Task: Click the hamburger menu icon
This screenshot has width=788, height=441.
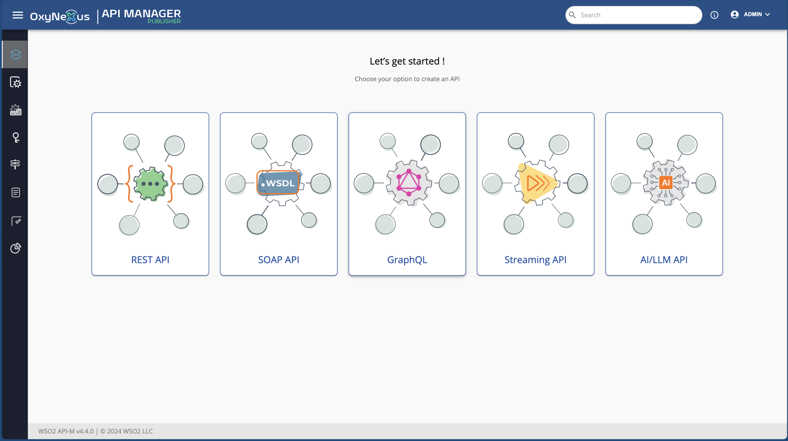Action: pyautogui.click(x=18, y=15)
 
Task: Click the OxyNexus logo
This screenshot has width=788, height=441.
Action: pyautogui.click(x=60, y=16)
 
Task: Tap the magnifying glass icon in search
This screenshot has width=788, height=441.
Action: pyautogui.click(x=572, y=15)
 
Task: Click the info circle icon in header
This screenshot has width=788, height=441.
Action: pyautogui.click(x=714, y=15)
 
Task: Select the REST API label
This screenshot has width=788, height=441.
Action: pyautogui.click(x=150, y=260)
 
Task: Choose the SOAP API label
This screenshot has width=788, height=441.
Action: pyautogui.click(x=279, y=260)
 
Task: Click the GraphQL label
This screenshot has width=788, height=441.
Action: pyautogui.click(x=407, y=260)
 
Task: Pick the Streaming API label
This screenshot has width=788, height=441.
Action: pyautogui.click(x=535, y=260)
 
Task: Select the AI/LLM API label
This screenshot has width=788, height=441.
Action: pyautogui.click(x=664, y=260)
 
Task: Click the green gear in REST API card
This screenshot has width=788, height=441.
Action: pyautogui.click(x=150, y=184)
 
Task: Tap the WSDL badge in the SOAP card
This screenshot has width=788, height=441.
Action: pyautogui.click(x=278, y=183)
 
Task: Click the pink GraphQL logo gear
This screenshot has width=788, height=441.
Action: pyautogui.click(x=409, y=182)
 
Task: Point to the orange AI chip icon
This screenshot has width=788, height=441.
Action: pyautogui.click(x=666, y=182)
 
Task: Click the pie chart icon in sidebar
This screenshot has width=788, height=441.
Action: pyautogui.click(x=16, y=248)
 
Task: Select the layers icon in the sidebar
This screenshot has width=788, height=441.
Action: pyautogui.click(x=15, y=54)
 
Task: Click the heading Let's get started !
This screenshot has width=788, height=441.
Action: pyautogui.click(x=407, y=61)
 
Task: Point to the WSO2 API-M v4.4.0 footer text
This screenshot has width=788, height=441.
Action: pyautogui.click(x=66, y=431)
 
